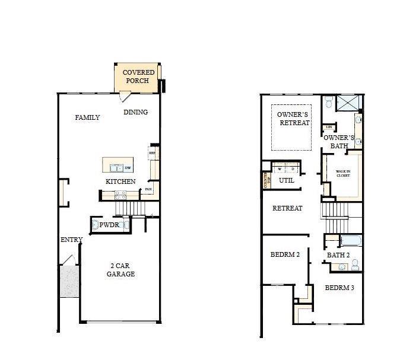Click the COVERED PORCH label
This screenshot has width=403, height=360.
click(139, 77)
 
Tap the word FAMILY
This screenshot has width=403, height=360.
click(87, 117)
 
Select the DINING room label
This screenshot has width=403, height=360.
click(135, 112)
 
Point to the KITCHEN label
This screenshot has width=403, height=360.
click(120, 181)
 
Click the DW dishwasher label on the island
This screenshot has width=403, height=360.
click(128, 168)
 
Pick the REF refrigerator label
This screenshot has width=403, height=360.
click(152, 153)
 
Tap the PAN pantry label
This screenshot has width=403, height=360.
click(148, 190)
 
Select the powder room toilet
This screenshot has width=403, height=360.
click(94, 225)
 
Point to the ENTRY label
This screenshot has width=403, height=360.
click(71, 240)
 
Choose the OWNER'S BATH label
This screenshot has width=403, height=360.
click(339, 141)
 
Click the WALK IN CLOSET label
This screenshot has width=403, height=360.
click(344, 173)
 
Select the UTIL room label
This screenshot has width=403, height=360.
click(287, 180)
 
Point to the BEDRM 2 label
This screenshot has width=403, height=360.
click(285, 255)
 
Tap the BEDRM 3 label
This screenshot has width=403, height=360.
click(339, 288)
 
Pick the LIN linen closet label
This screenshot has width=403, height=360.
click(328, 127)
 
